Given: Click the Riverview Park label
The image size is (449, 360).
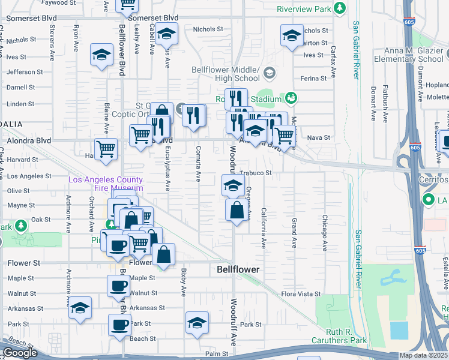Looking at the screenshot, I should pyautogui.click(x=304, y=10).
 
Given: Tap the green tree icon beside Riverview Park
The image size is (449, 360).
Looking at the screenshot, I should pyautogui.click(x=340, y=8).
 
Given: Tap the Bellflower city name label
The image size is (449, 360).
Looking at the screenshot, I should pyautogui.click(x=238, y=270).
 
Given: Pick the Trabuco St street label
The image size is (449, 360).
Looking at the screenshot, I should pyautogui.click(x=256, y=173).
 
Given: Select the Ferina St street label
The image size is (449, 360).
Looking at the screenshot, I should pyautogui.click(x=313, y=79).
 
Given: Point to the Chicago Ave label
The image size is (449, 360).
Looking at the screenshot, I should pyautogui.click(x=324, y=233).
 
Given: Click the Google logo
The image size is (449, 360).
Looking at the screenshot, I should pyautogui.click(x=20, y=353).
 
